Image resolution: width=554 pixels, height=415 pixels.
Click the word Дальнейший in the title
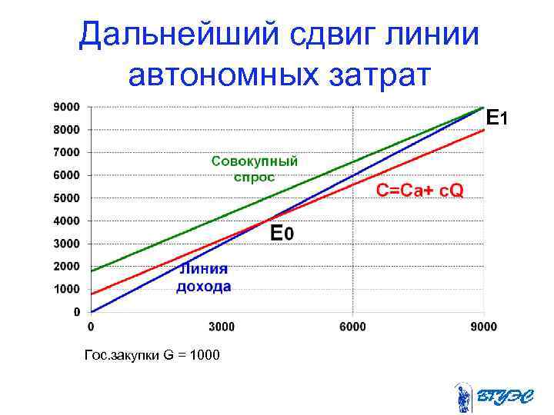click(174, 35)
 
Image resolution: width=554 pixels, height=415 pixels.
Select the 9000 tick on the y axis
click(65, 107)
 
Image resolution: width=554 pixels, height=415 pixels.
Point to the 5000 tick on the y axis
click(65, 198)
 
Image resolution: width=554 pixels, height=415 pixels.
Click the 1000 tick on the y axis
click(65, 290)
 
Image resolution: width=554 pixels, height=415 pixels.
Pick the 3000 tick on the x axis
click(222, 327)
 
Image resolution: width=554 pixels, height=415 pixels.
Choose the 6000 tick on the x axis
click(352, 327)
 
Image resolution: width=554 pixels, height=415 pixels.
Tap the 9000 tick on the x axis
click(483, 327)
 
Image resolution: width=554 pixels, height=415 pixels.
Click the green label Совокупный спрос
click(255, 168)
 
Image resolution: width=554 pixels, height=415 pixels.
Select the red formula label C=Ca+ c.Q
click(419, 190)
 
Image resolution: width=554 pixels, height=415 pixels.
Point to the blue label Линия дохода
click(203, 277)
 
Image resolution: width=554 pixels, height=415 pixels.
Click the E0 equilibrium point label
click(282, 233)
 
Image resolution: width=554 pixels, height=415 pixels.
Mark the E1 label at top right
click(496, 118)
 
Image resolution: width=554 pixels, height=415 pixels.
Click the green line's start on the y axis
click(92, 271)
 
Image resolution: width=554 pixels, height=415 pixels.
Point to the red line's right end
click(483, 130)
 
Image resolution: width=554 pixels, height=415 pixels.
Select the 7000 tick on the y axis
click(65, 152)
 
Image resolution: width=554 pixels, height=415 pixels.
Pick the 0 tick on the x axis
click(91, 327)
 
